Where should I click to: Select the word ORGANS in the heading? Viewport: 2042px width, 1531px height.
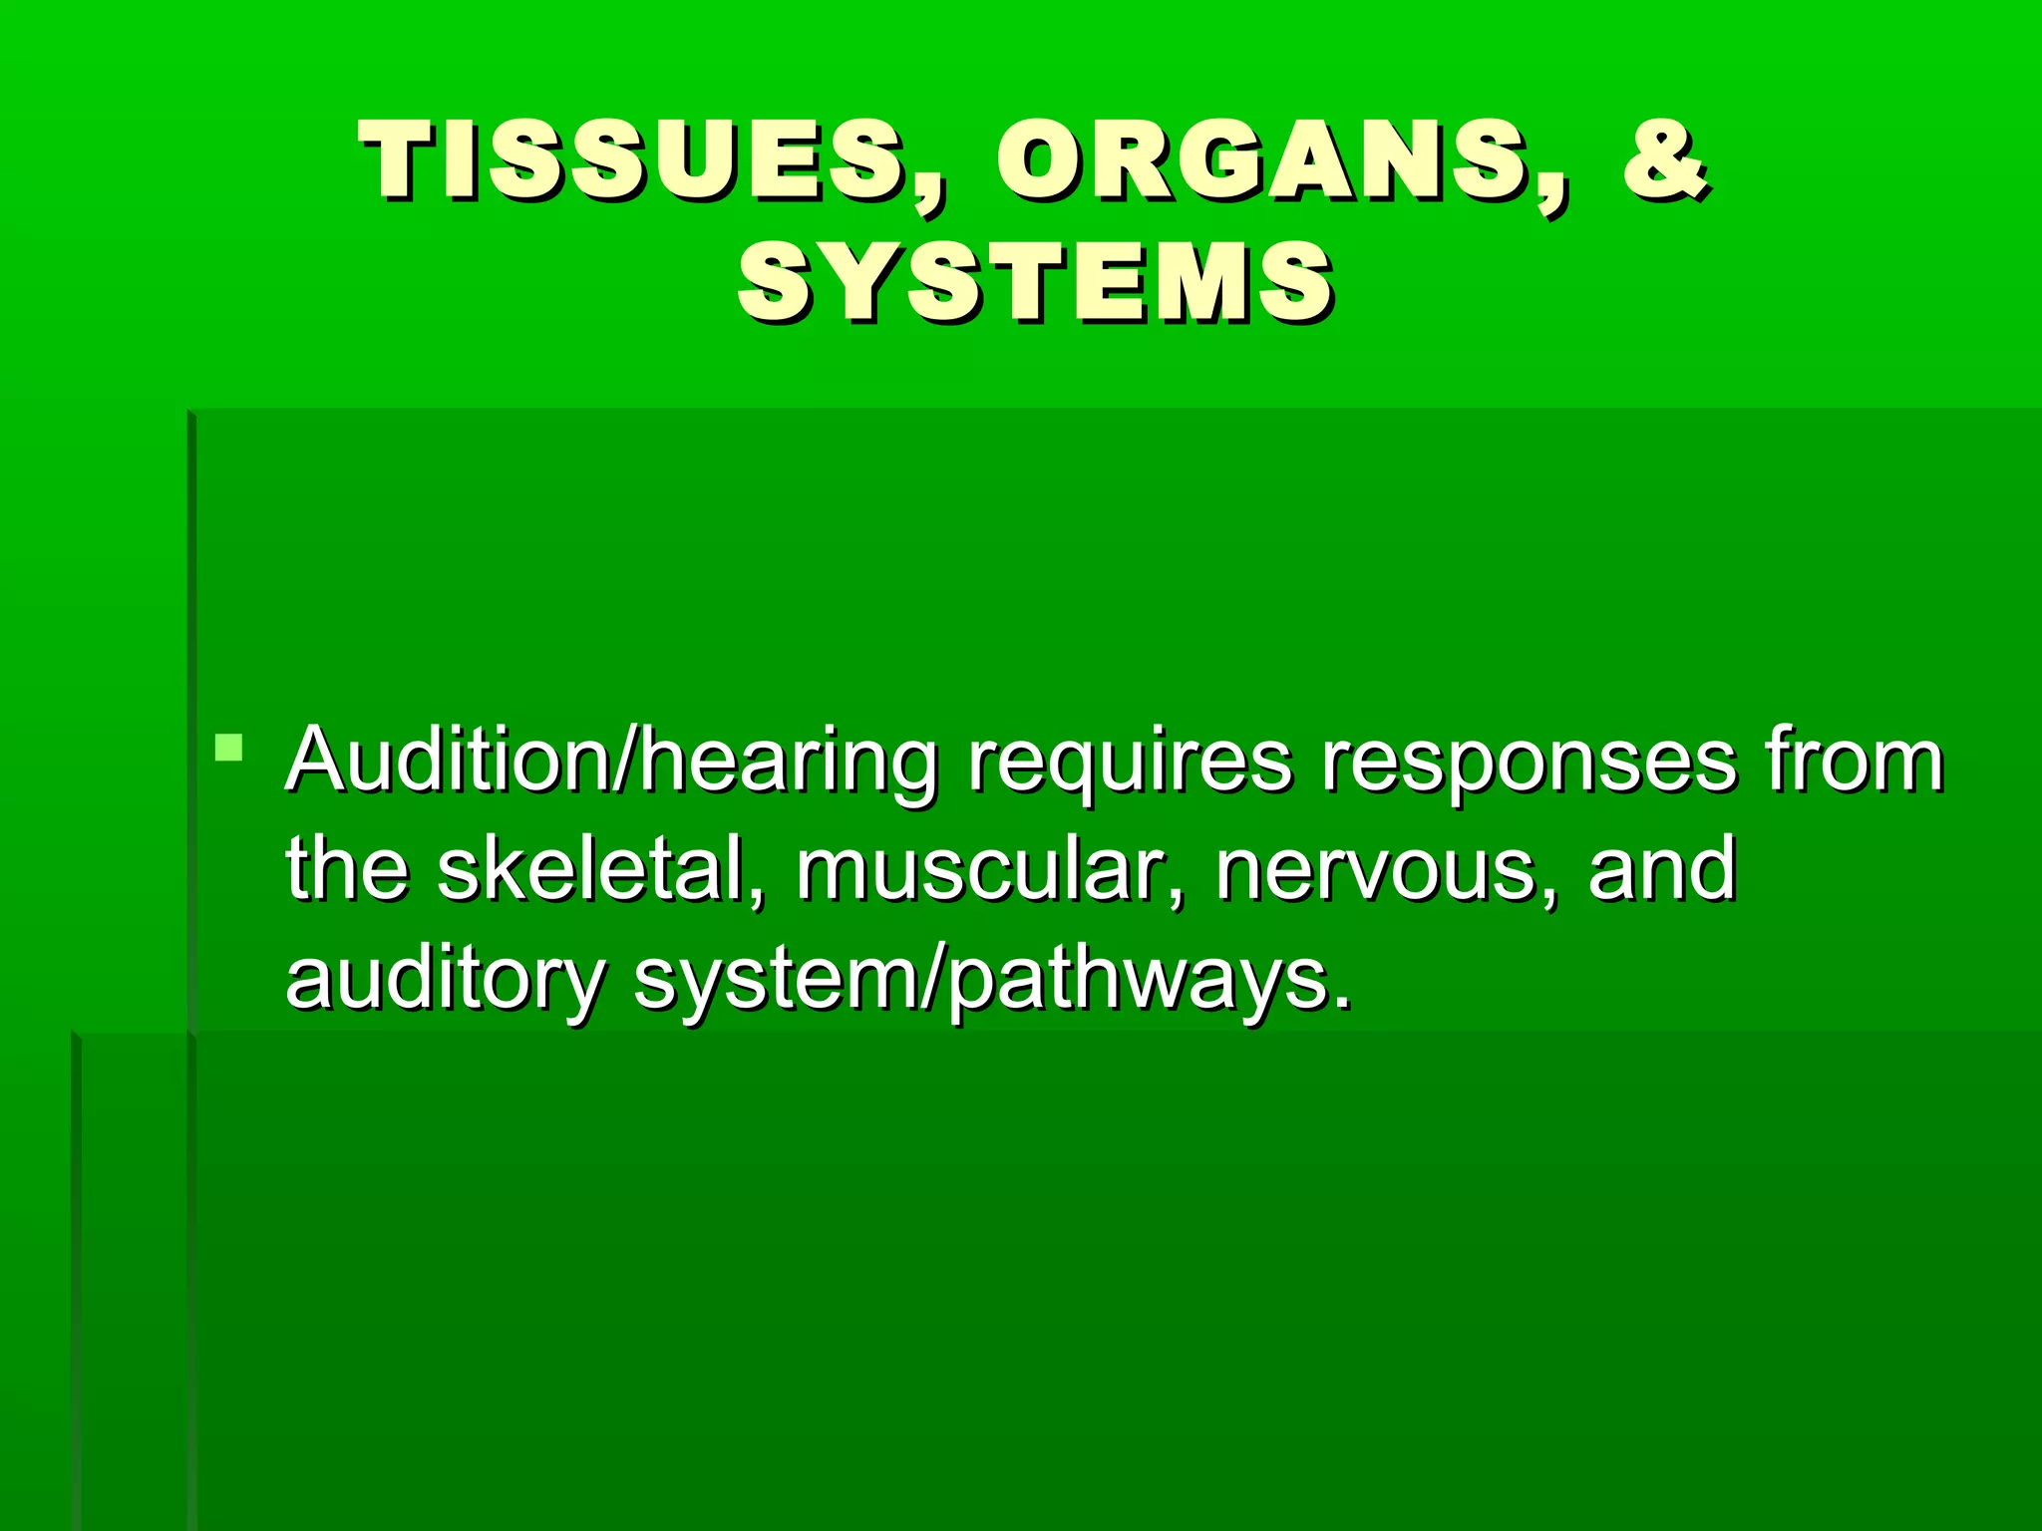[1260, 159]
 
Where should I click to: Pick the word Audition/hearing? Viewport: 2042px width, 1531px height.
[610, 763]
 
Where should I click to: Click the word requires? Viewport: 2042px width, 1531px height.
[1130, 763]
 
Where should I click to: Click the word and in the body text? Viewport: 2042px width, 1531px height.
[1662, 869]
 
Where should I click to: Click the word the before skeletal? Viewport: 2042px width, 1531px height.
[347, 869]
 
